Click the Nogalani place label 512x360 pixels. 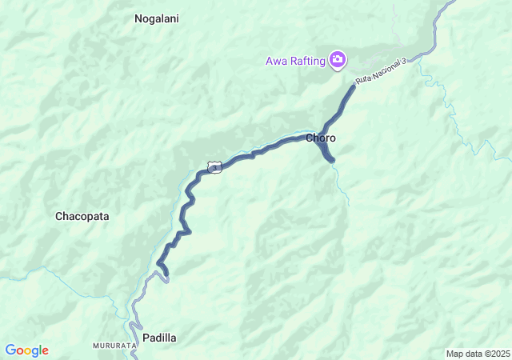pos(157,18)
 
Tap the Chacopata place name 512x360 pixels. pos(82,216)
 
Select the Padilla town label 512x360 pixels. pos(159,338)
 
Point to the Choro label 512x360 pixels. pos(321,138)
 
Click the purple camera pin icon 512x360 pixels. pos(338,59)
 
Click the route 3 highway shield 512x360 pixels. pos(214,166)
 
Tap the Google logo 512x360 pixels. pos(26,350)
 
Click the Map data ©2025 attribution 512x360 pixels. pos(478,354)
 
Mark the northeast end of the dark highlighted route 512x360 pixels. pos(354,86)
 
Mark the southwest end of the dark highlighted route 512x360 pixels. pos(166,277)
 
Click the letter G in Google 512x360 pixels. pos(10,350)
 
